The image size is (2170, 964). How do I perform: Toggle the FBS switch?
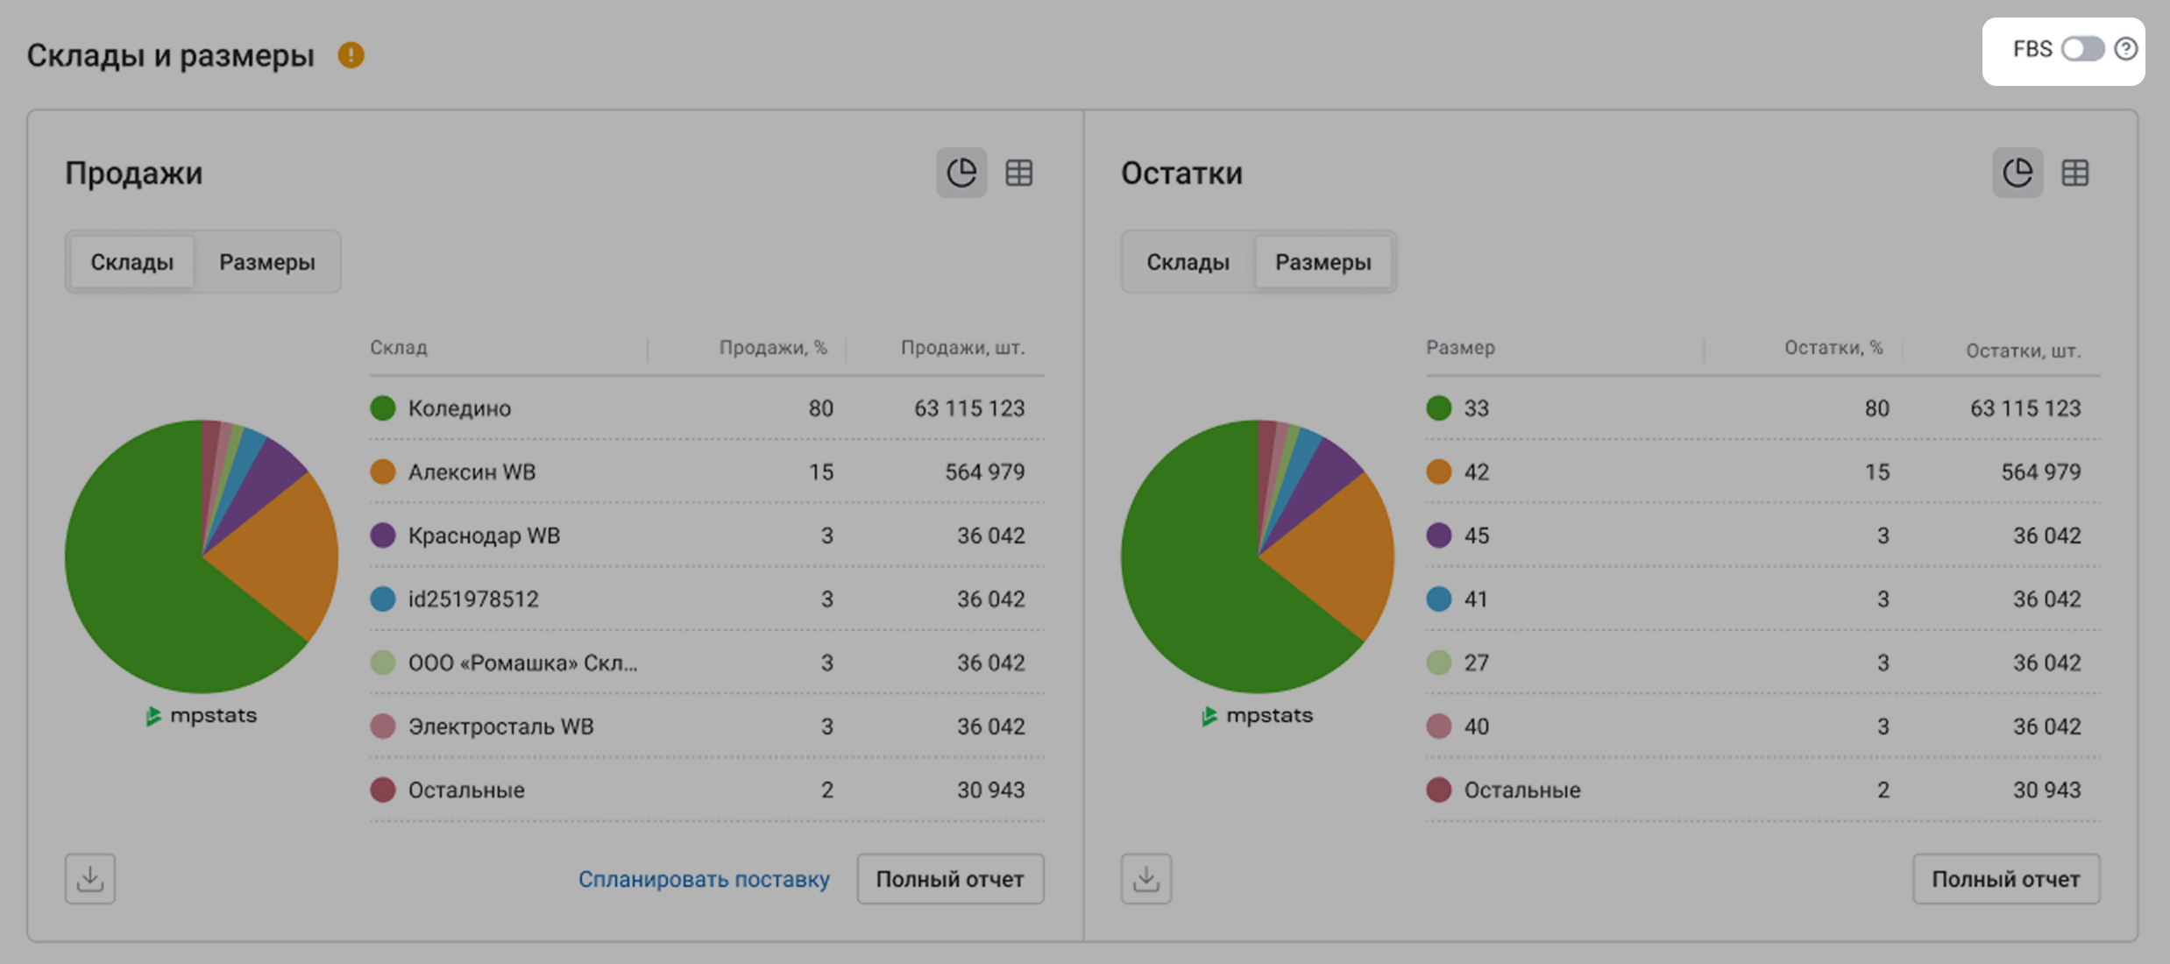2082,49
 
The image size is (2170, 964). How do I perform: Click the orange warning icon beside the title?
351,55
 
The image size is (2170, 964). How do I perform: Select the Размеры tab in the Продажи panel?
266,262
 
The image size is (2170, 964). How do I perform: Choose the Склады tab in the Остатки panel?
1188,262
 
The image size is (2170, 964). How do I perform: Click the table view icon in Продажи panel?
1018,173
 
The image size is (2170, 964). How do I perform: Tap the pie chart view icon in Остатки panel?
2018,173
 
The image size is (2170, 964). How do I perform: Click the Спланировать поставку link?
703,879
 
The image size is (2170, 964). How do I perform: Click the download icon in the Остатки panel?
1145,879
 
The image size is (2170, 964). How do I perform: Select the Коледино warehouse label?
459,408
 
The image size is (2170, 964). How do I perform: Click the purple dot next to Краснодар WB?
383,535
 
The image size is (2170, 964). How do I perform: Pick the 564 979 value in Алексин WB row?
984,472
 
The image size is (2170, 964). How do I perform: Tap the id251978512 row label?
473,599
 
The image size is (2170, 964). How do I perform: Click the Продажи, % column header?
773,348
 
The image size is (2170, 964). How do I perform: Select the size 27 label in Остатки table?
1476,663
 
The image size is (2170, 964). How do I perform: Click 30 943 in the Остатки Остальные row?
2046,790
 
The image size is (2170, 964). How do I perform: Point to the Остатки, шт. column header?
2022,351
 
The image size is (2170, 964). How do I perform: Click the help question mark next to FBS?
2125,49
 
